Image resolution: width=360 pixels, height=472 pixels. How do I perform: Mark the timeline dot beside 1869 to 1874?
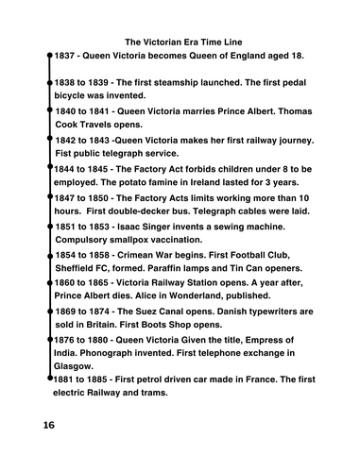pyautogui.click(x=49, y=311)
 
